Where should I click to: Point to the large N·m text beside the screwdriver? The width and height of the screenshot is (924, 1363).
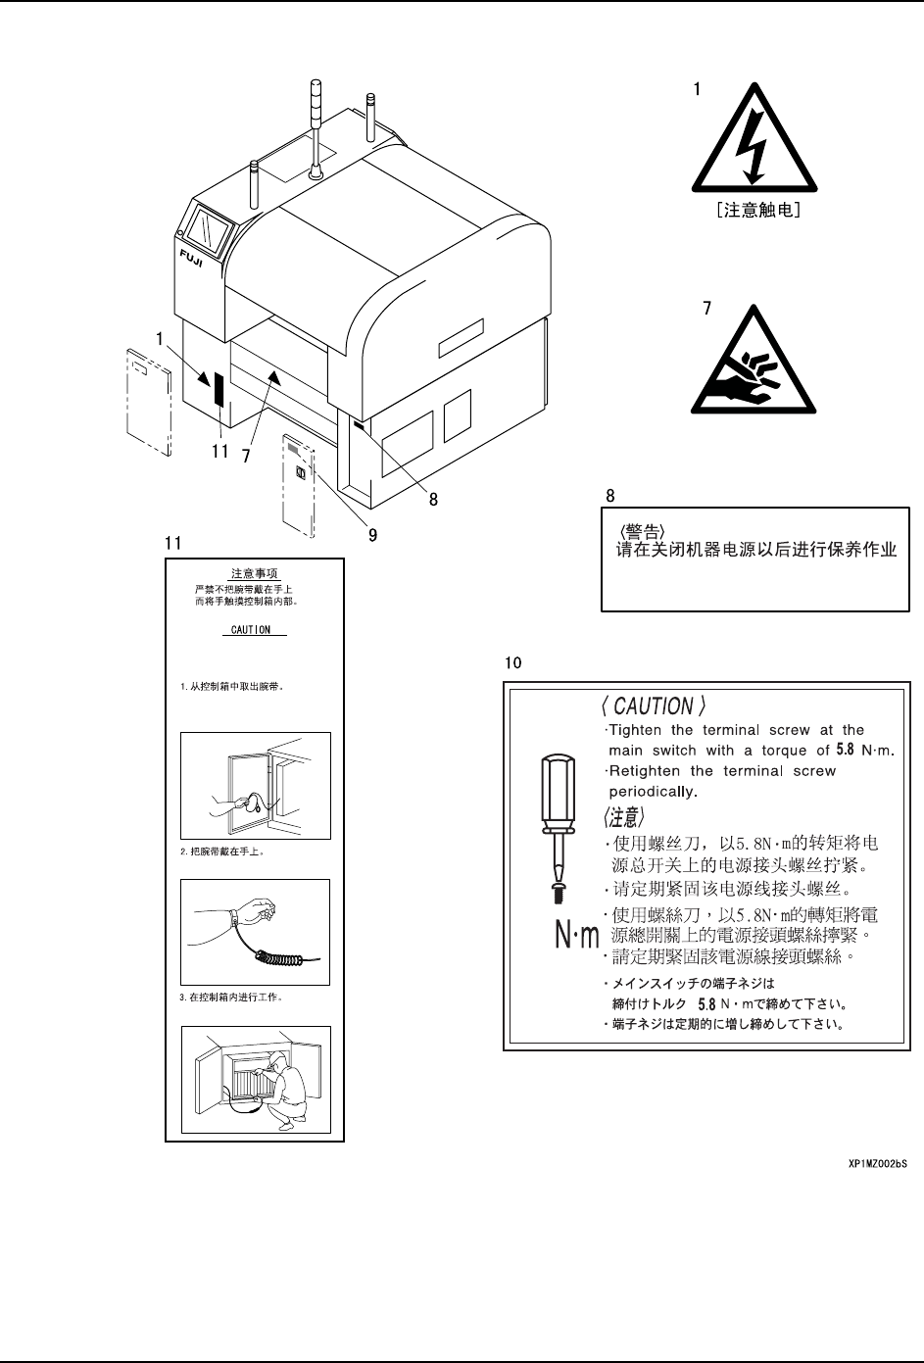(x=576, y=938)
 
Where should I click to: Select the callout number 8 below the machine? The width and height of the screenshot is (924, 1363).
(x=432, y=498)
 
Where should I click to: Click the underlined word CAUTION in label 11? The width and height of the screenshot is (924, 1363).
(x=251, y=629)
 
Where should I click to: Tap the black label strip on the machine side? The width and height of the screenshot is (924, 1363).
(x=219, y=389)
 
